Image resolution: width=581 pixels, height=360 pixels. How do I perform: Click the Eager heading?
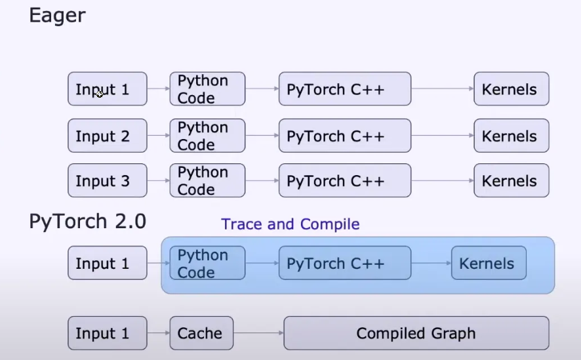(x=57, y=16)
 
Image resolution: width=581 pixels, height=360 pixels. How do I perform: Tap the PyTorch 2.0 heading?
(x=87, y=221)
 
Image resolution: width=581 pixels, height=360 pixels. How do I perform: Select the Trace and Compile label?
(x=290, y=224)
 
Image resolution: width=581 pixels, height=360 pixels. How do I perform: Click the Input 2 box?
(x=107, y=136)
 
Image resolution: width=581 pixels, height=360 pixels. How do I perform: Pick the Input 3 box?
(x=107, y=181)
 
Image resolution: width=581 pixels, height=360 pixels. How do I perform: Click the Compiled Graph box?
(x=416, y=333)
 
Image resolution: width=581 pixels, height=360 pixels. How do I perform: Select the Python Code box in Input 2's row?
(x=207, y=136)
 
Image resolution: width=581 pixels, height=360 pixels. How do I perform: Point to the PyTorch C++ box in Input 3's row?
(x=344, y=181)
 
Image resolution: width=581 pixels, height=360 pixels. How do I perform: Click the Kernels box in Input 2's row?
(x=511, y=136)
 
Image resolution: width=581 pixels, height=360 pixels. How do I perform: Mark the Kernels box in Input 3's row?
(x=511, y=181)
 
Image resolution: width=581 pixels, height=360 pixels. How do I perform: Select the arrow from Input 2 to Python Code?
(x=158, y=136)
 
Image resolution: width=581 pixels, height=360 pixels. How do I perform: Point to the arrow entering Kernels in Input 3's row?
(x=443, y=181)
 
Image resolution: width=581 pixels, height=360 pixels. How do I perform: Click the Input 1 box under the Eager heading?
(x=107, y=89)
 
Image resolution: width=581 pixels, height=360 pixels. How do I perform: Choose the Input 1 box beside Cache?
(x=107, y=333)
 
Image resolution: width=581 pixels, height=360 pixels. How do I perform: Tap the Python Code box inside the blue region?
(x=207, y=264)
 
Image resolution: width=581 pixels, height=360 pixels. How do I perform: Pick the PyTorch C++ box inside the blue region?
(x=344, y=264)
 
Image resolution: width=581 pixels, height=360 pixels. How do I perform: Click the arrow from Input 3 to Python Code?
(x=158, y=181)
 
